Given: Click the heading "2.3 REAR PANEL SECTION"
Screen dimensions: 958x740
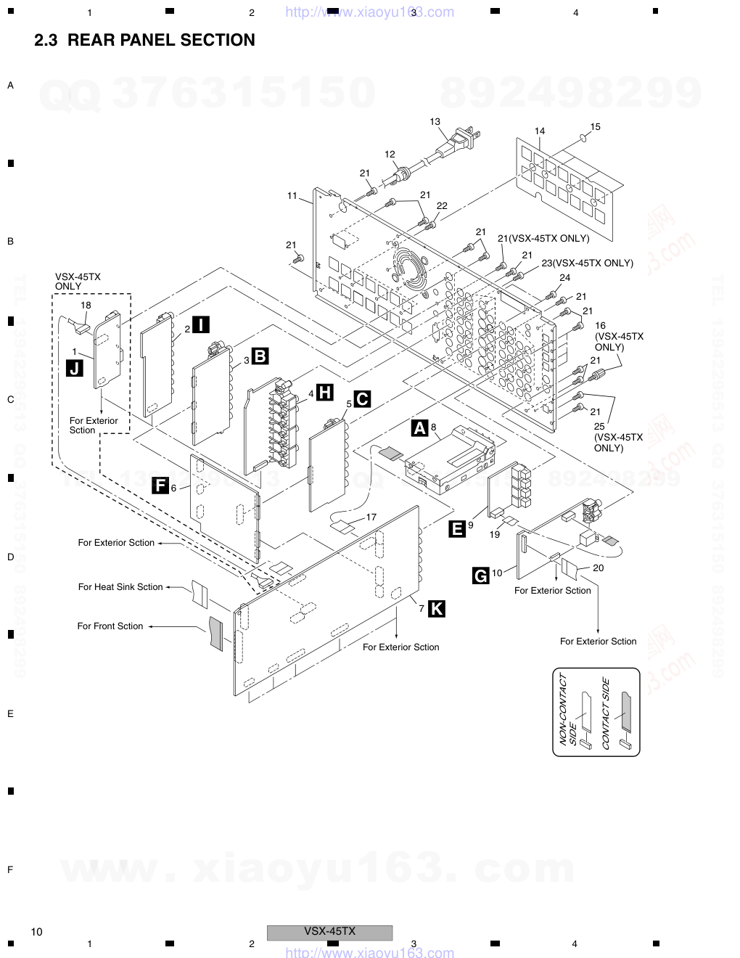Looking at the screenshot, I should tap(144, 41).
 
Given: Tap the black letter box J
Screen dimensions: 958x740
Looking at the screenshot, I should tap(74, 368).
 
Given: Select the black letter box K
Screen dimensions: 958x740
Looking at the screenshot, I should tap(436, 609).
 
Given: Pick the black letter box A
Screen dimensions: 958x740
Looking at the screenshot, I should tap(419, 428).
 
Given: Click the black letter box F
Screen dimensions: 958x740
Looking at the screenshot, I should tap(160, 486).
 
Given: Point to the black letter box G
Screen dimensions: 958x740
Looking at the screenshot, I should tap(480, 576).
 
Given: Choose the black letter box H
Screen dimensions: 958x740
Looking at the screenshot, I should tap(325, 393).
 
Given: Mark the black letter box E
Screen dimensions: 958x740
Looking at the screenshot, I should tap(457, 529).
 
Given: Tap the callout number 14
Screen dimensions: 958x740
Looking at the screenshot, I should tap(540, 131).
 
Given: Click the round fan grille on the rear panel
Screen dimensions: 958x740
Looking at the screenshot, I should tap(411, 267).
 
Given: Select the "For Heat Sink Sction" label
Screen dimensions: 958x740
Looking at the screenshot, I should tap(120, 587).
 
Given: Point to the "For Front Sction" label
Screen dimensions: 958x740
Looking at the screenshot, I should tap(110, 626).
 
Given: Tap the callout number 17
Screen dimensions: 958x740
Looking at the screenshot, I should tap(371, 517).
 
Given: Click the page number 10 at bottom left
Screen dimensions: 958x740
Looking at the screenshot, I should tap(37, 932).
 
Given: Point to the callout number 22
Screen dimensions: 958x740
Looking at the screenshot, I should tap(442, 206).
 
